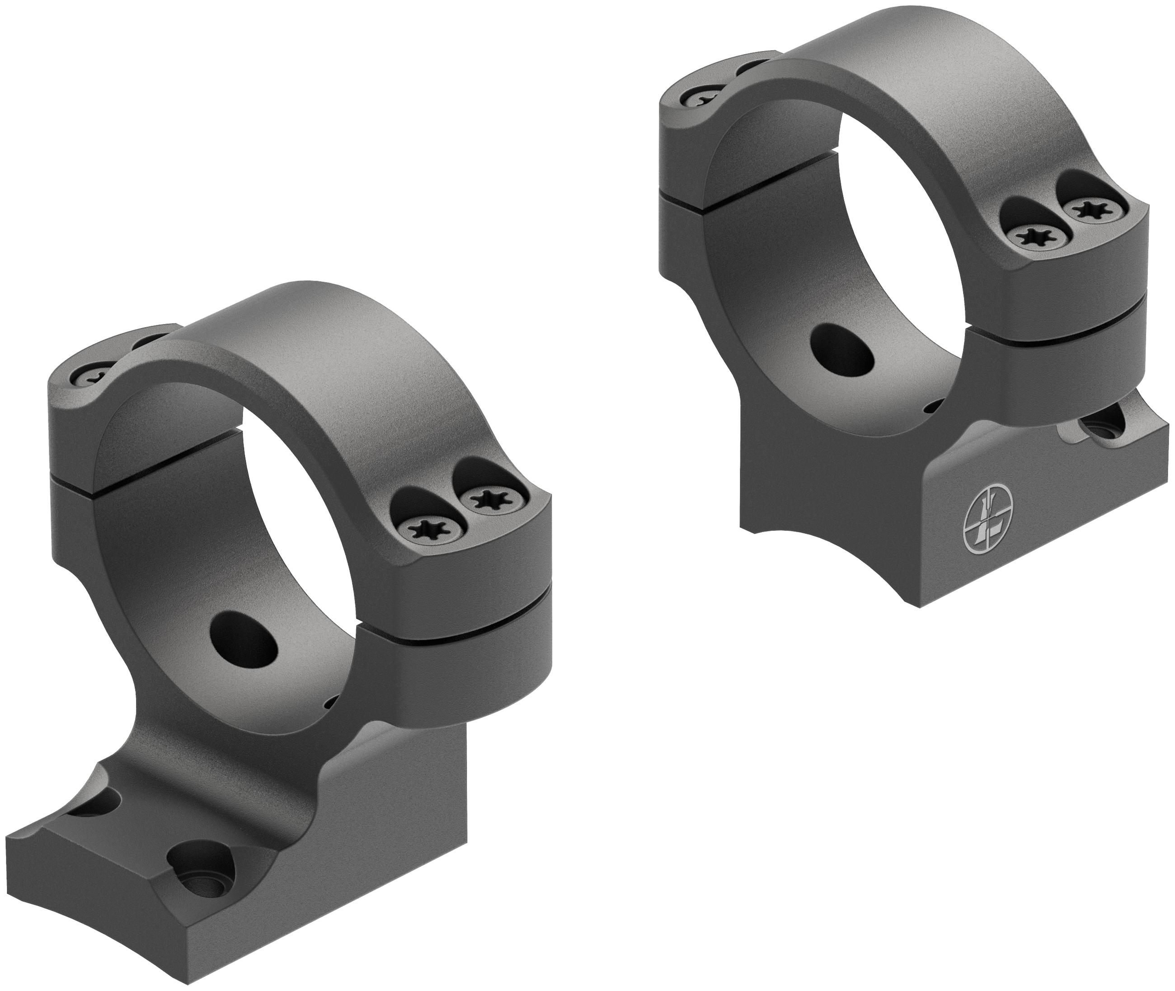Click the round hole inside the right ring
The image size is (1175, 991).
point(843,349)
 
